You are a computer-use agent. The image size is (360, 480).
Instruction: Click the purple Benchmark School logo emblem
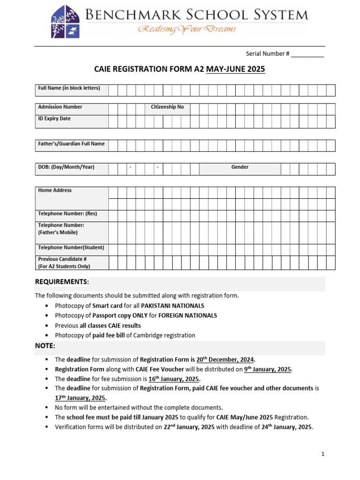click(x=65, y=22)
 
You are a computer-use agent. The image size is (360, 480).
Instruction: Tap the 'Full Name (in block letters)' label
click(x=69, y=88)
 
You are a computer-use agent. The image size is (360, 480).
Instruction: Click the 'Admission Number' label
click(x=60, y=107)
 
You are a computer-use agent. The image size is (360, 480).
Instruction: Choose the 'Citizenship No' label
click(x=167, y=107)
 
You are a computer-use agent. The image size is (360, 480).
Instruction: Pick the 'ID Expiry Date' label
click(x=54, y=119)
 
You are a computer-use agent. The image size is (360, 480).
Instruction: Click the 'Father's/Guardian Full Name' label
click(x=71, y=144)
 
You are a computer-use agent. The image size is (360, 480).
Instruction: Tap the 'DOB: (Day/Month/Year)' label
click(x=66, y=167)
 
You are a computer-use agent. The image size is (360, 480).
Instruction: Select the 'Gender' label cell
click(x=240, y=167)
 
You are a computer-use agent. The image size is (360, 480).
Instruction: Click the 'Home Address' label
click(x=55, y=190)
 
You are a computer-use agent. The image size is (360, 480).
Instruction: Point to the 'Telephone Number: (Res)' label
click(x=67, y=214)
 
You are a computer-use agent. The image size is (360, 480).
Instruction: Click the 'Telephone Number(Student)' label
click(x=71, y=247)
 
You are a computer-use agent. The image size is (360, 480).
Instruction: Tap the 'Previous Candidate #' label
click(x=62, y=259)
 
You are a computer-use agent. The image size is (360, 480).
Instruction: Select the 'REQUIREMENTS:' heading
click(x=62, y=282)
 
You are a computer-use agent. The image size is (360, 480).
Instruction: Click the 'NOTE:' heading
click(x=45, y=346)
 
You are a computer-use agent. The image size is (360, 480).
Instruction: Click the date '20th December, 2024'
click(x=225, y=360)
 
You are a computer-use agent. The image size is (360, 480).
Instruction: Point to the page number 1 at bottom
click(x=322, y=454)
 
